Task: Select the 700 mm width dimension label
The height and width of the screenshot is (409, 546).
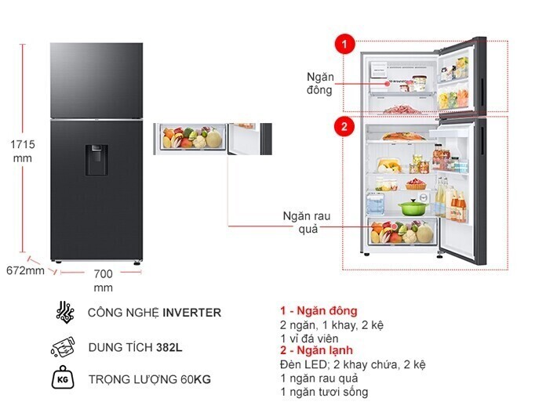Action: pos(103,281)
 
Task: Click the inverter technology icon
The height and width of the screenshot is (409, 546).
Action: pos(65,313)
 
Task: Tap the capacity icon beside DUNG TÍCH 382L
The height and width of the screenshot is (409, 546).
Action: pos(64,346)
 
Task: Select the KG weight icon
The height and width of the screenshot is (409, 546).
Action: pos(64,380)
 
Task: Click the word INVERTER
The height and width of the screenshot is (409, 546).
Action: pos(191,313)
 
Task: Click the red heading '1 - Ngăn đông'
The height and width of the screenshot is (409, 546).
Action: pos(318,311)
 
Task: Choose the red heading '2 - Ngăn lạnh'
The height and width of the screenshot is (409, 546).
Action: pos(317,351)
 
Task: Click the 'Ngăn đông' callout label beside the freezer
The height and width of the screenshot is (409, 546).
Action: pos(320,83)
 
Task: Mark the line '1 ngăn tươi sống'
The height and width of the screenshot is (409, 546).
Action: pos(323,392)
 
